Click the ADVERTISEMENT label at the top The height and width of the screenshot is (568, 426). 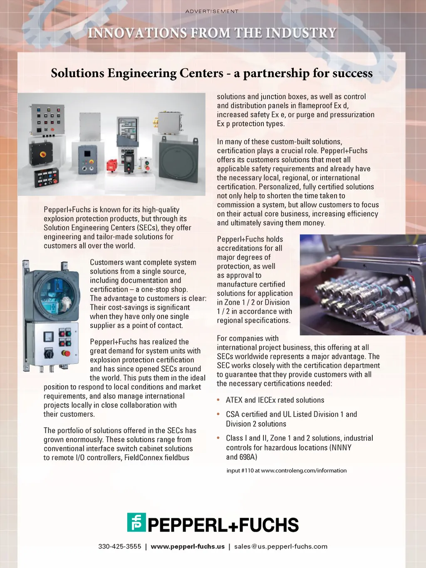coord(212,11)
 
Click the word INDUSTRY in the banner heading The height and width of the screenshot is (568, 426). coord(301,33)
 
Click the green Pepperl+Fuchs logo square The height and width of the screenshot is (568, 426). coord(136,522)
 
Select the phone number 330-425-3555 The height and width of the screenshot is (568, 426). coord(120,546)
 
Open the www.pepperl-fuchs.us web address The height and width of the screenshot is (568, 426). coord(188,546)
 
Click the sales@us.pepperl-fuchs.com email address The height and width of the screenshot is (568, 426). coord(281,546)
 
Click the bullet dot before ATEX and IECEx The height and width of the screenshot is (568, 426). coord(218,400)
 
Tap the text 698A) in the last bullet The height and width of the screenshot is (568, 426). coord(248,457)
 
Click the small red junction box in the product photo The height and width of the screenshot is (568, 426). coord(111,165)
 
